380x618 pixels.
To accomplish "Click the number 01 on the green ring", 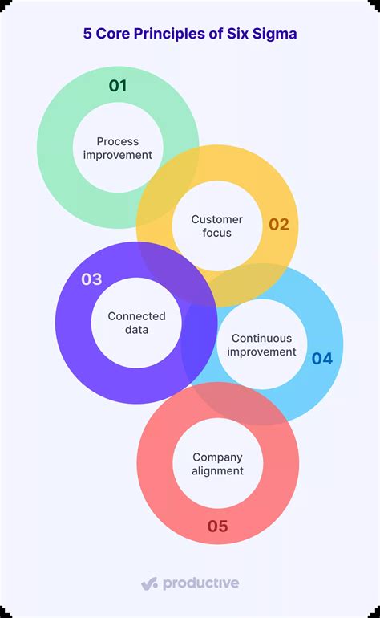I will point(118,86).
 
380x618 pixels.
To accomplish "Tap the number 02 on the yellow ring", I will point(278,225).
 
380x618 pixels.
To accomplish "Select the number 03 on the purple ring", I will point(91,279).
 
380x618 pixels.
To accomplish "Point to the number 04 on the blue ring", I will point(321,359).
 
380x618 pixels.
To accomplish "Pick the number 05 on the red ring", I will point(217,527).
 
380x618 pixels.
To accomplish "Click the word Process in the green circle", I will point(118,141).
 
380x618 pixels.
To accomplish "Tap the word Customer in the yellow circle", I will point(216,219).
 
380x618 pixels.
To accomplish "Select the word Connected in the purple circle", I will point(136,316).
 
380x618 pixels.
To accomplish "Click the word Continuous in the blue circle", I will point(261,339).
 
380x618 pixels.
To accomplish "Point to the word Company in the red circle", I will point(217,457).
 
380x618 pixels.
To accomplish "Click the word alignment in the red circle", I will point(217,471).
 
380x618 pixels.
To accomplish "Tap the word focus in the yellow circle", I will point(216,233).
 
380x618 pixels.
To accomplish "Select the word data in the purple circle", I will point(136,330).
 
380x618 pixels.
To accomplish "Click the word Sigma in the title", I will point(277,34).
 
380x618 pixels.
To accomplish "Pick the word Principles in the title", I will point(168,34).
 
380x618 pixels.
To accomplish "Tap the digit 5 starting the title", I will point(87,34).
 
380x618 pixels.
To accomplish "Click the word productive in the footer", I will point(200,583).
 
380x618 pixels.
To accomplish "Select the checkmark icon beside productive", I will point(149,583).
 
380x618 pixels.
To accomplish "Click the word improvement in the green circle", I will point(118,155).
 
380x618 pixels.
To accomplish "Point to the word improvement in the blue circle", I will point(261,352).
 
